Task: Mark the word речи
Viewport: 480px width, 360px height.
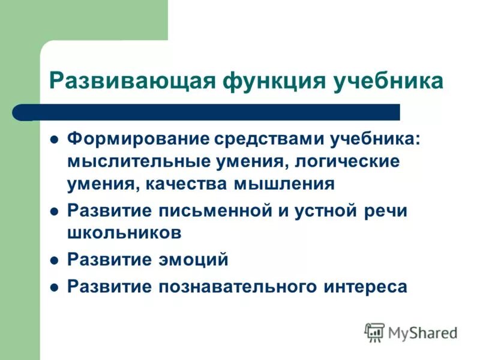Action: click(x=384, y=211)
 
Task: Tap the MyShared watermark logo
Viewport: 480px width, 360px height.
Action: click(x=412, y=332)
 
